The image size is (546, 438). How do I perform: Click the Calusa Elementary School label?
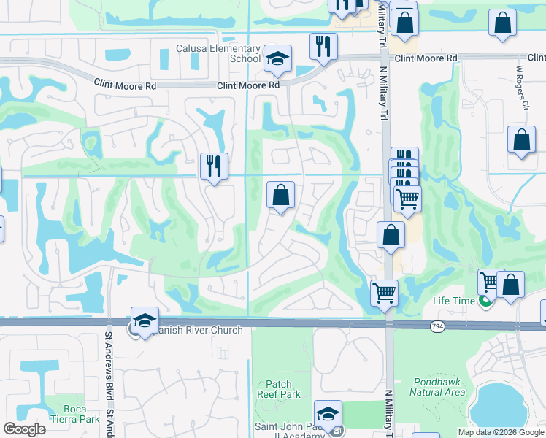[218, 53]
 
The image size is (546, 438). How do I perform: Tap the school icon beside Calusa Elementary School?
[277, 59]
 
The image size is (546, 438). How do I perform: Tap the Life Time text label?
[453, 301]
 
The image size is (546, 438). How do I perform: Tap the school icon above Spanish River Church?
[145, 320]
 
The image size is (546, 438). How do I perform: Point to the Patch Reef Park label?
[278, 389]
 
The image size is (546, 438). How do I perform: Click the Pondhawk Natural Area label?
[437, 387]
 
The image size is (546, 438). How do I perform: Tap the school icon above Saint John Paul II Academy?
[328, 413]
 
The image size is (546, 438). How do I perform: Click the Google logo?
[25, 429]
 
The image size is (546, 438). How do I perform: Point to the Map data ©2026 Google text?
[500, 432]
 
